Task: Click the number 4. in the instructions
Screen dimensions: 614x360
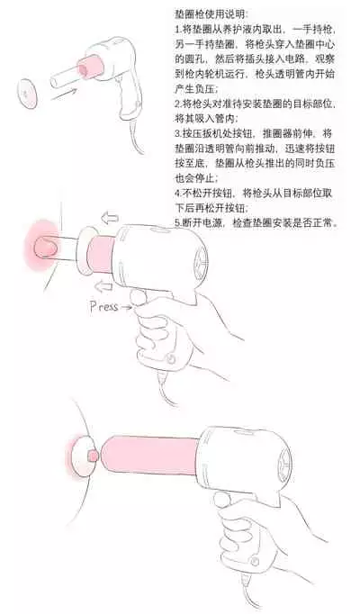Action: click(178, 191)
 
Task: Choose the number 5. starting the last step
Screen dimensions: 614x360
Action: click(178, 221)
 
